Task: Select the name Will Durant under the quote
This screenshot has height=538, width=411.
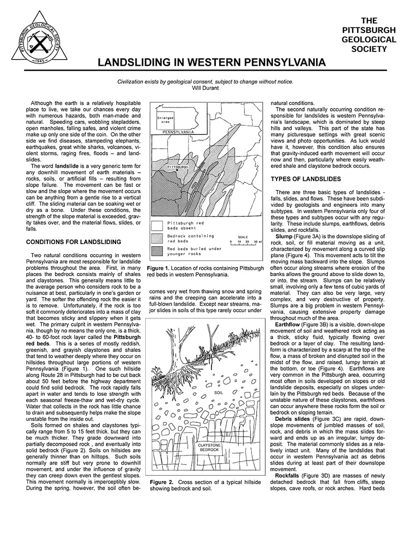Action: pyautogui.click(x=205, y=88)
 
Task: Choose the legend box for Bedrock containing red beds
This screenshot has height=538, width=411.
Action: pyautogui.click(x=158, y=239)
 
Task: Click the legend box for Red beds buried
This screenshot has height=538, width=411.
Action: pyautogui.click(x=158, y=251)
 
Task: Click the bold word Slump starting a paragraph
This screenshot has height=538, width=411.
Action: pyautogui.click(x=284, y=237)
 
